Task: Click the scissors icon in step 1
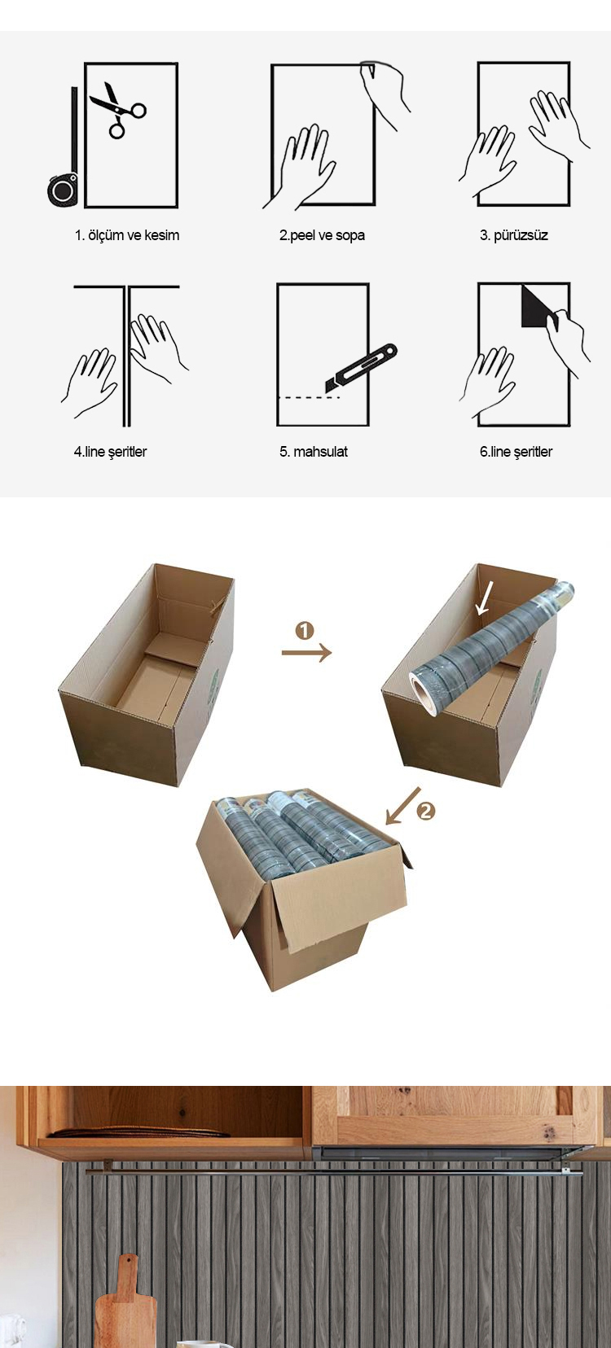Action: click(118, 110)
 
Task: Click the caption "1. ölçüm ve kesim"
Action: click(127, 235)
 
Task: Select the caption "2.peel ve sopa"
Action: click(322, 235)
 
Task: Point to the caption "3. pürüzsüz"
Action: click(514, 235)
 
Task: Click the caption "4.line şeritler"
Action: click(110, 452)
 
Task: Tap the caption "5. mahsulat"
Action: click(314, 452)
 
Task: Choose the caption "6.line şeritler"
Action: click(516, 452)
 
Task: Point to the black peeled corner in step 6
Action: click(536, 308)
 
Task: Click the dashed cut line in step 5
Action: click(309, 398)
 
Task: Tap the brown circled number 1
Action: click(305, 631)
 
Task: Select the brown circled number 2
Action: click(425, 812)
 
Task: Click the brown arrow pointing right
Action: click(306, 652)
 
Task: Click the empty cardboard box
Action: click(147, 675)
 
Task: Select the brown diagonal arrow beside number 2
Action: click(403, 804)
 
